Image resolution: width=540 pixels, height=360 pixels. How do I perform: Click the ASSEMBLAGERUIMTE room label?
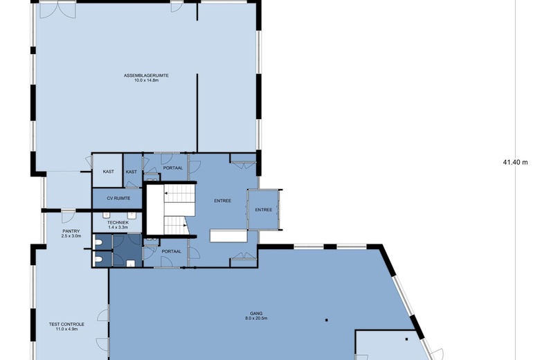tap(146, 75)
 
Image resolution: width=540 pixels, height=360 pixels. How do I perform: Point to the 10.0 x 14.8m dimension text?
tap(146, 80)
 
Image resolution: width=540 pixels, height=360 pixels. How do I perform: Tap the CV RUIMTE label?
tap(118, 199)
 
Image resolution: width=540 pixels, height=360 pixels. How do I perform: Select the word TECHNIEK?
tap(118, 222)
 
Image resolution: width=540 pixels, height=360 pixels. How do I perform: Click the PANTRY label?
tap(71, 231)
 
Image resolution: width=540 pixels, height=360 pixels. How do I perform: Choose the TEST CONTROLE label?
tap(66, 324)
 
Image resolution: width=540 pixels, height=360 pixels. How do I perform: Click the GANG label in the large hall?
tap(256, 314)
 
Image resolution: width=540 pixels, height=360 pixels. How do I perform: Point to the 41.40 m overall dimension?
tap(515, 162)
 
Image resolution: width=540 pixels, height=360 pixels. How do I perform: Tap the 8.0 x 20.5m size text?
tap(256, 318)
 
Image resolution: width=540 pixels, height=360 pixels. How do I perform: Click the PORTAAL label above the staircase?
tap(173, 168)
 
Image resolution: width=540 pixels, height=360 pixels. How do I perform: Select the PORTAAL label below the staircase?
tap(172, 251)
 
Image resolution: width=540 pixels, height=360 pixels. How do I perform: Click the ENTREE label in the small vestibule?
tap(264, 210)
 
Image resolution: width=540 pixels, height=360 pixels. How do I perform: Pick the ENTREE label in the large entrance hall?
tap(222, 201)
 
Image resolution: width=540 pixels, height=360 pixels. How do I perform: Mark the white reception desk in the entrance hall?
tap(228, 236)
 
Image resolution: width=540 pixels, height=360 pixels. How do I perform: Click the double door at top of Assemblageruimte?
tap(57, 10)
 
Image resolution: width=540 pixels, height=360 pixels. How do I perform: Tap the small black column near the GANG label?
tap(327, 320)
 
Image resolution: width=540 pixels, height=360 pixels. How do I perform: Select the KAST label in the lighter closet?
tap(109, 172)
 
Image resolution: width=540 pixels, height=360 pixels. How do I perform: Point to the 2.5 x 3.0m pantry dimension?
tap(71, 236)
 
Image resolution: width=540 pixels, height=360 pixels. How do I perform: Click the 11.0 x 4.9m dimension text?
tap(66, 329)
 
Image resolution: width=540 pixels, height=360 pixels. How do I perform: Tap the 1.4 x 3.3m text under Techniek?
tap(118, 227)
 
